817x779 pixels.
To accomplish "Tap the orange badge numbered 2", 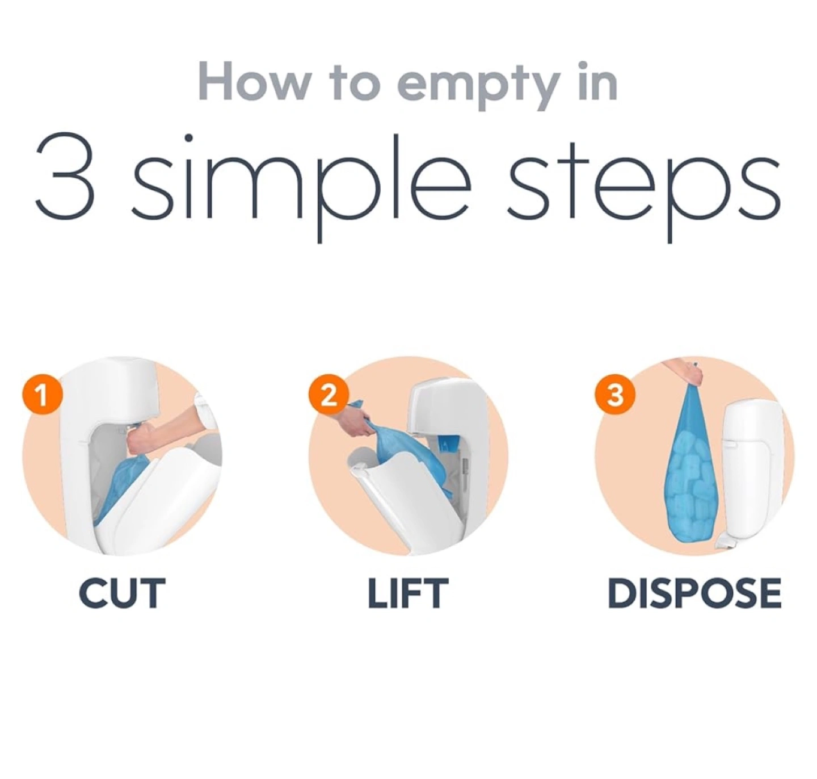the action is point(329,396).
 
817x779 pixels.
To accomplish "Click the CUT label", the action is point(122,593).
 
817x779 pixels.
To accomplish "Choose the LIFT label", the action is point(408,593).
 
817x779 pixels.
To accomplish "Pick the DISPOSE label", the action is point(694,593).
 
